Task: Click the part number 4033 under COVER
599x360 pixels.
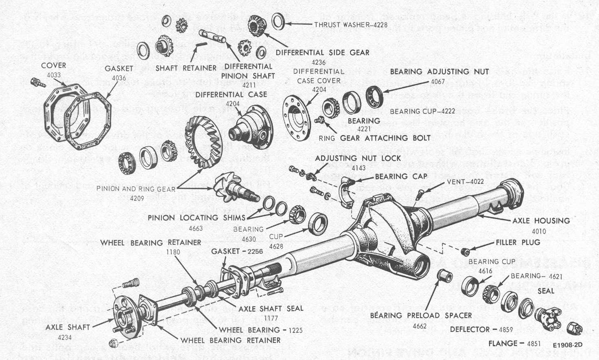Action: (53, 75)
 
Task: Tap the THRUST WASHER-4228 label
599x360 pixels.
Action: (350, 25)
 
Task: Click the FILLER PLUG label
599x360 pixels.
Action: (518, 242)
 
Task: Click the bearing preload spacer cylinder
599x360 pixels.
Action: (443, 276)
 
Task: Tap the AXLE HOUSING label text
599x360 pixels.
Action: (541, 220)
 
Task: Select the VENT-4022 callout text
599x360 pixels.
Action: (465, 181)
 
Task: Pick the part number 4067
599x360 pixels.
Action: (437, 82)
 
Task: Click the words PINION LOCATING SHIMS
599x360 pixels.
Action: (197, 218)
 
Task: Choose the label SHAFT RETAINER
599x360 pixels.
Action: (186, 68)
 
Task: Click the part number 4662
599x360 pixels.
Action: (419, 326)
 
